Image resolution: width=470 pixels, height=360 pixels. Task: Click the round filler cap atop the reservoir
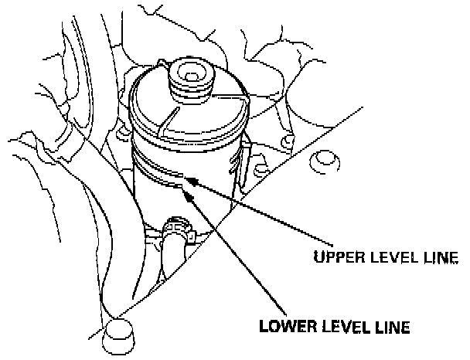tap(189, 78)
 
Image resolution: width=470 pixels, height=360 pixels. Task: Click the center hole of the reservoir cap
tap(189, 74)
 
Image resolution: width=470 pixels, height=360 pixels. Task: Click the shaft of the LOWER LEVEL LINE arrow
tap(232, 255)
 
